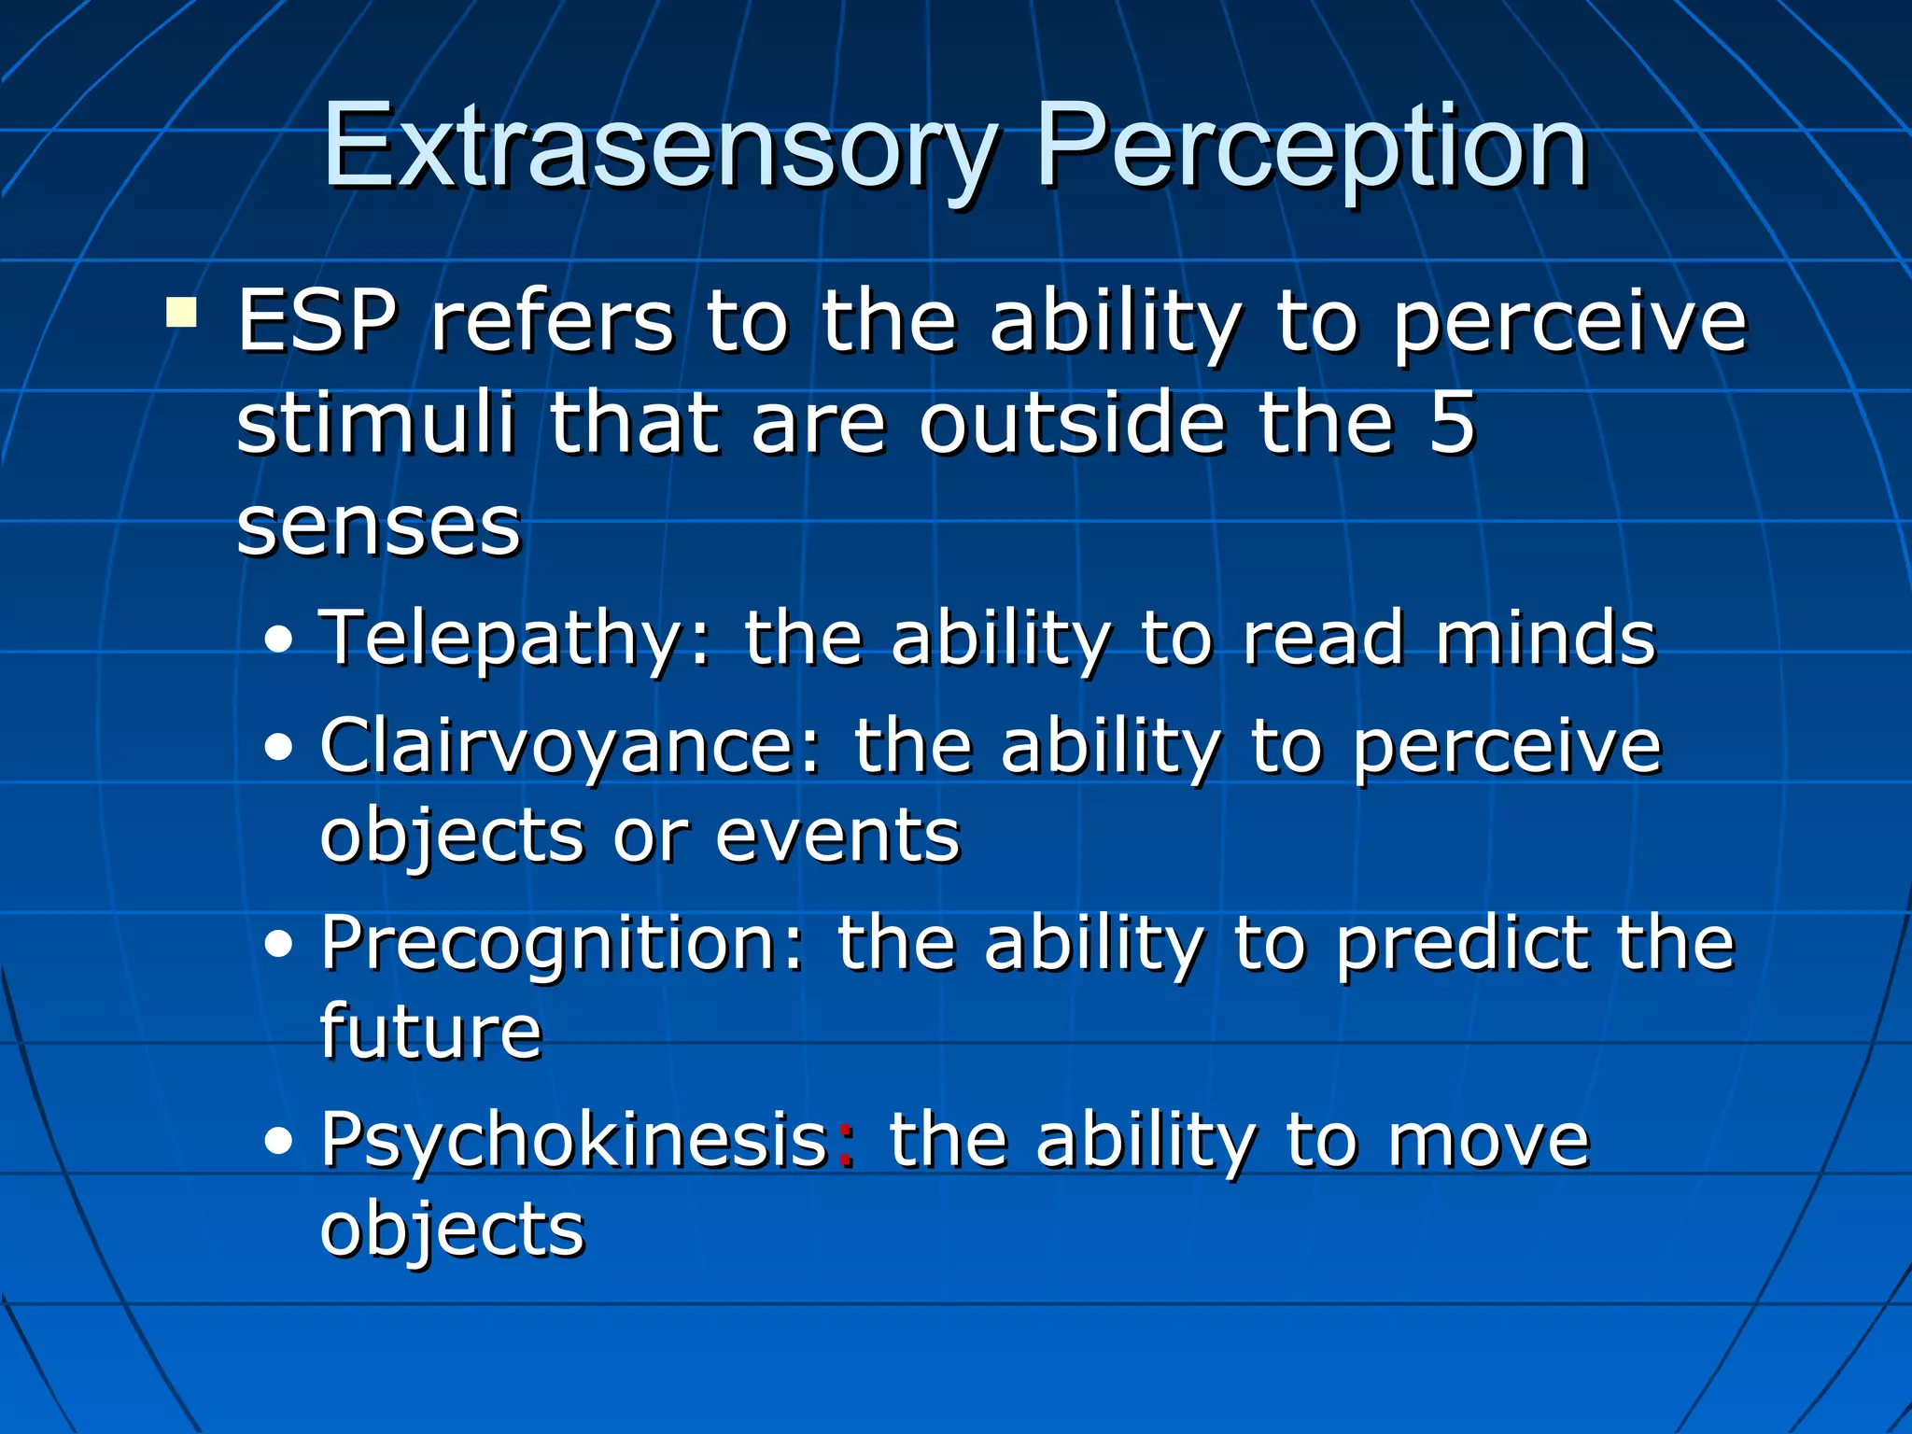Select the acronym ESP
(x=317, y=322)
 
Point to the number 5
(x=1452, y=423)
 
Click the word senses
(x=378, y=526)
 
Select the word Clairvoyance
(x=569, y=747)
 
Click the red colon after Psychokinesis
(x=846, y=1145)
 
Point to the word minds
(x=1545, y=638)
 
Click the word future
(x=430, y=1031)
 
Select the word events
(x=837, y=835)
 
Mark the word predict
(x=1461, y=945)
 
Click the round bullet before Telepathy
(x=278, y=641)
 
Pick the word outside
(x=1072, y=423)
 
